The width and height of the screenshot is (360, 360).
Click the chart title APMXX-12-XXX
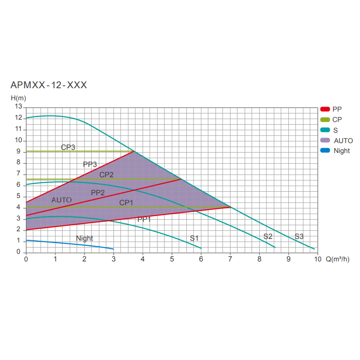49,85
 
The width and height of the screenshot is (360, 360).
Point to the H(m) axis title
18,98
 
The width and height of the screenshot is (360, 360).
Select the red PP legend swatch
325,109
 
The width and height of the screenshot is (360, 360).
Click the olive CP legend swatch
325,120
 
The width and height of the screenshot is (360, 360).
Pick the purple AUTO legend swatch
325,140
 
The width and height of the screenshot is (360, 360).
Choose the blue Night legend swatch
325,151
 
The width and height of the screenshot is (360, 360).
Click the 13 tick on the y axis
18,107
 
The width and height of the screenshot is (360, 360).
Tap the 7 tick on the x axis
230,259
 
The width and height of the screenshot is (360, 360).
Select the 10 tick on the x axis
317,259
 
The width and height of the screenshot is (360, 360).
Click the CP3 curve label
68,147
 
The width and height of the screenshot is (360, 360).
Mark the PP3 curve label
90,164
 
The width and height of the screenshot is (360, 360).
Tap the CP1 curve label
126,203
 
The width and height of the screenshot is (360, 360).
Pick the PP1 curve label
144,219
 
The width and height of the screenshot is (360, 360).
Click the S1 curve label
194,238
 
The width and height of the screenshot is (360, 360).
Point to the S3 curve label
299,236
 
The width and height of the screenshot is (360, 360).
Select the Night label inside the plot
85,238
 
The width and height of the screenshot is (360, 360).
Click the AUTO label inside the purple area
62,199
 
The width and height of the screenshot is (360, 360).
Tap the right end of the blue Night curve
113,249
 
